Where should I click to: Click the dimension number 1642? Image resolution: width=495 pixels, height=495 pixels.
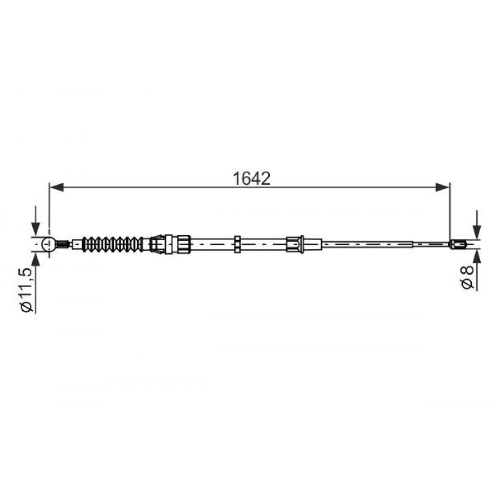(x=251, y=178)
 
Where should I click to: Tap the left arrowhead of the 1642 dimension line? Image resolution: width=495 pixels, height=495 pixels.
(x=57, y=187)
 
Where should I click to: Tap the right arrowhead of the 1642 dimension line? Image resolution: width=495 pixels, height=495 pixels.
(x=442, y=187)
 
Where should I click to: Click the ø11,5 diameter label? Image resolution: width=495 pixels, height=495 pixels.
(x=27, y=290)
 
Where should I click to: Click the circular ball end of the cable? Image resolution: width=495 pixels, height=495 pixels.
(x=49, y=244)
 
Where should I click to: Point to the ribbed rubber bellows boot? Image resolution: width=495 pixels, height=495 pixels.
(x=112, y=244)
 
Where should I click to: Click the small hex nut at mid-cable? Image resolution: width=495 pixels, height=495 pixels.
(x=238, y=244)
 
